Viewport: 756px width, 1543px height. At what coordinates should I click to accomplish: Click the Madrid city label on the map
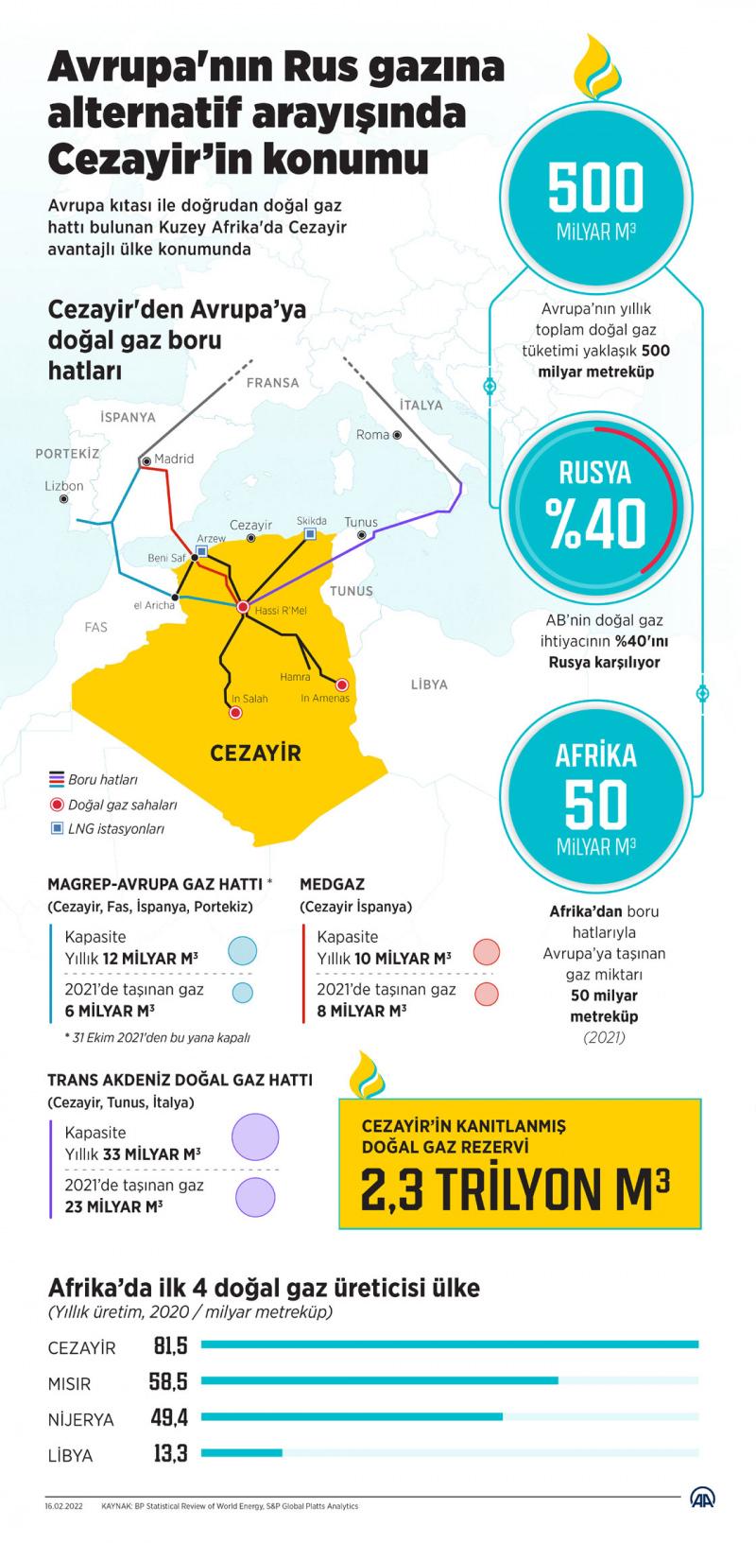(x=174, y=459)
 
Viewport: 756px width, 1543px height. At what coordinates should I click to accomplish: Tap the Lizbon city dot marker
(x=64, y=498)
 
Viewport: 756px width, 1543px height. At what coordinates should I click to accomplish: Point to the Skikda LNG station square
(x=310, y=535)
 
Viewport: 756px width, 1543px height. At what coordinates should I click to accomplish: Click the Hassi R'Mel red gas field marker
(x=243, y=606)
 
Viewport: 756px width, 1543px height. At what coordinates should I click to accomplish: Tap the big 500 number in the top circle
(x=596, y=187)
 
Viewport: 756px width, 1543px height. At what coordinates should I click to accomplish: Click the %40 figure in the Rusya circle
(x=594, y=523)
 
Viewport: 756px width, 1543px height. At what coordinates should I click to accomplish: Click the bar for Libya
(x=242, y=1452)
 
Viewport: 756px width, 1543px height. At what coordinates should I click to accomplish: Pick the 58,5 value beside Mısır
(x=168, y=1381)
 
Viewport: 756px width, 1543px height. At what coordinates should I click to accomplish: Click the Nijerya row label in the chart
(x=80, y=1419)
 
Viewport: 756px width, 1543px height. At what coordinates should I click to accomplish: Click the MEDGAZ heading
(x=332, y=884)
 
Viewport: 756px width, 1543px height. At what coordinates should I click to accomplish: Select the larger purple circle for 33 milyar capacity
(x=255, y=1136)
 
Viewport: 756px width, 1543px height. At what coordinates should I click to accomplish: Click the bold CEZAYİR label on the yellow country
(x=255, y=754)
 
